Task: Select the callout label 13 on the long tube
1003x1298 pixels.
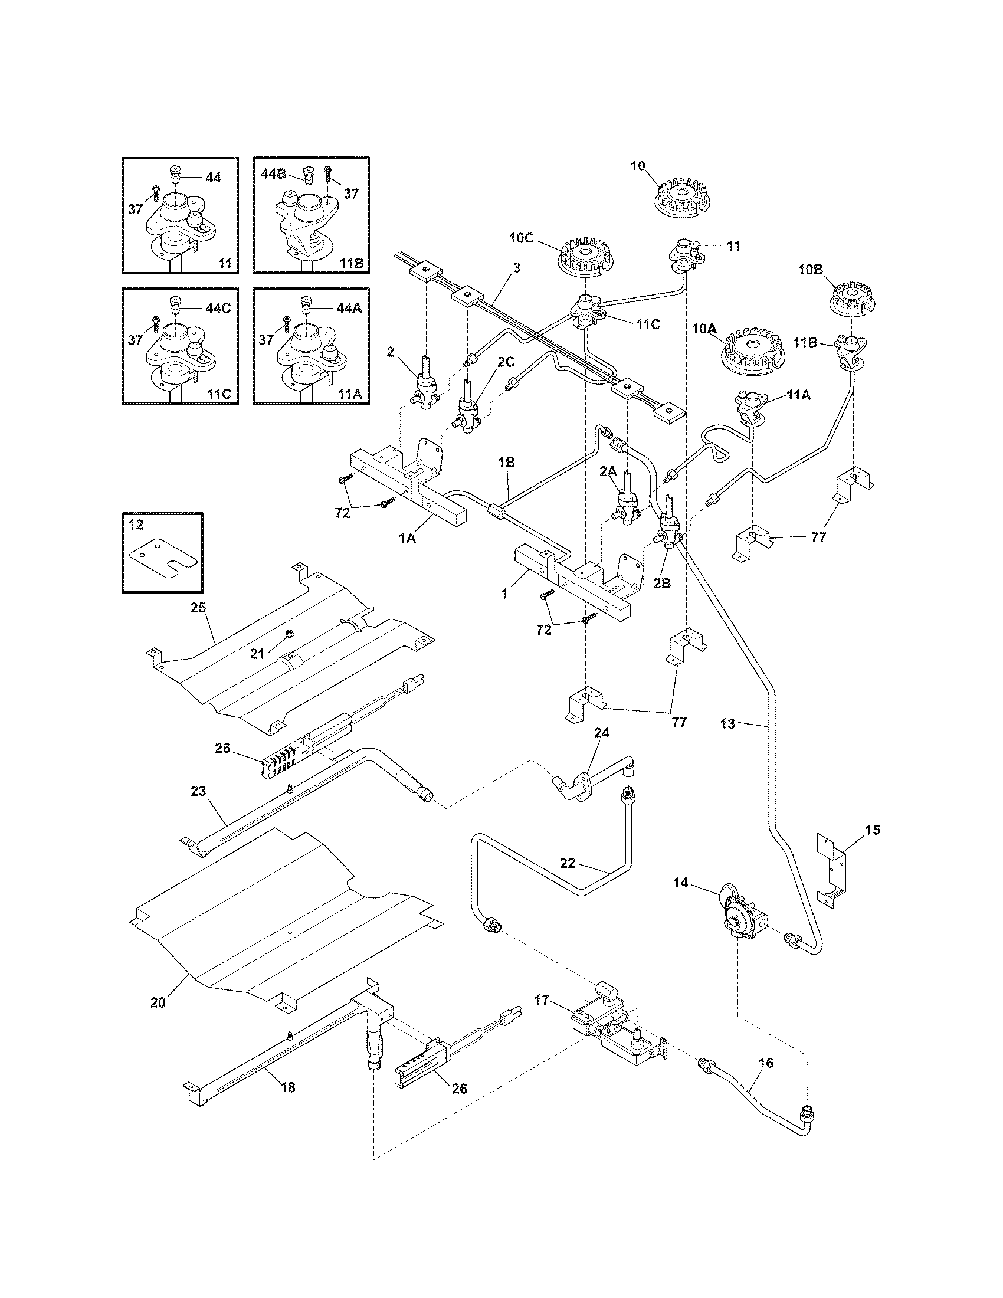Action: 728,723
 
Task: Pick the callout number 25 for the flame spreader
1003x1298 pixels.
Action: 198,607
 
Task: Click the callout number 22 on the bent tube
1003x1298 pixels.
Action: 568,863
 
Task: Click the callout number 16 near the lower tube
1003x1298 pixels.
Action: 766,1063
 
